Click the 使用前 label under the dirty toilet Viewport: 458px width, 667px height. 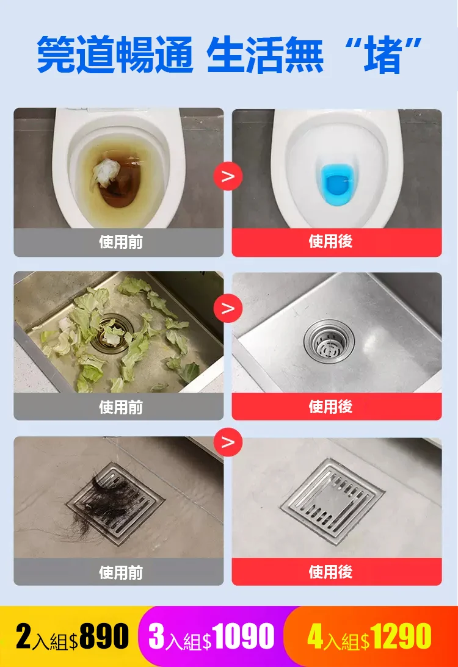point(121,242)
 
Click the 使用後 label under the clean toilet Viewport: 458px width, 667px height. point(330,242)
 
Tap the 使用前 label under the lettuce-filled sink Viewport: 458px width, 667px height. point(121,407)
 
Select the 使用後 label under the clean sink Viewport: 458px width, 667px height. point(330,407)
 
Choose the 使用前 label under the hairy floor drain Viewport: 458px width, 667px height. point(121,572)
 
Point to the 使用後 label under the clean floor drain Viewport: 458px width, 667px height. point(330,572)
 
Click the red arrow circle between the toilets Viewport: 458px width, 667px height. point(228,177)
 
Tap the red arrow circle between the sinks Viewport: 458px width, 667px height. point(228,308)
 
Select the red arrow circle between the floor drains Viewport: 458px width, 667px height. point(228,442)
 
